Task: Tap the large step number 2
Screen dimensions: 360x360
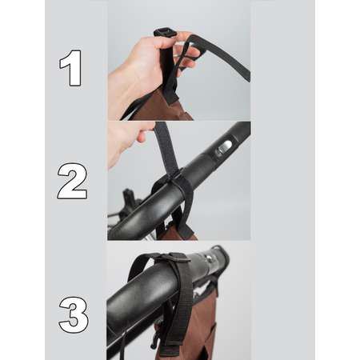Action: pyautogui.click(x=72, y=181)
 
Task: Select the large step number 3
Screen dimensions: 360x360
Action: pyautogui.click(x=74, y=314)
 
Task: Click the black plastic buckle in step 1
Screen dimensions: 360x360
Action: pyautogui.click(x=166, y=33)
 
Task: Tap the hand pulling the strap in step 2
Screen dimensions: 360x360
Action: pyautogui.click(x=128, y=142)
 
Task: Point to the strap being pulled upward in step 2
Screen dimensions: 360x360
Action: pyautogui.click(x=166, y=146)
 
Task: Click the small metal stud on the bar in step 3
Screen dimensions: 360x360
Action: pyautogui.click(x=209, y=258)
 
